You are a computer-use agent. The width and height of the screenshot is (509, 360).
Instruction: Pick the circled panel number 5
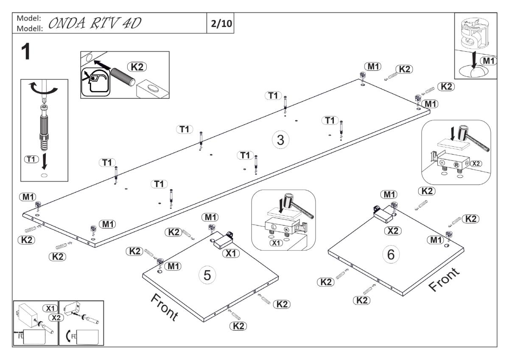207,275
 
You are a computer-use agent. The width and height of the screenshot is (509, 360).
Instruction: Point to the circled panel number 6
391,254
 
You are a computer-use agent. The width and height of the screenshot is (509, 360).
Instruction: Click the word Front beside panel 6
444,280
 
